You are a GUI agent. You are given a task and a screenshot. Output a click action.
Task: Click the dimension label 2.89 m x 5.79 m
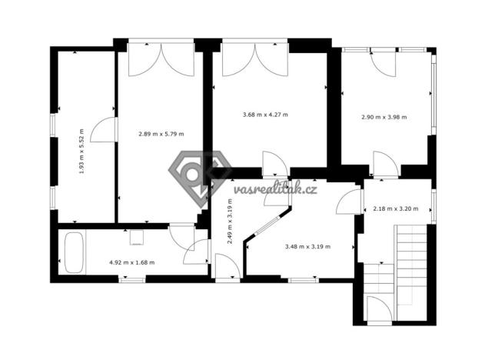pyautogui.click(x=161, y=134)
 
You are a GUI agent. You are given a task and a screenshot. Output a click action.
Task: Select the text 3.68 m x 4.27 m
pyautogui.click(x=264, y=115)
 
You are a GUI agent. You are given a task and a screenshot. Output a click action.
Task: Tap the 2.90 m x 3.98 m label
pyautogui.click(x=384, y=117)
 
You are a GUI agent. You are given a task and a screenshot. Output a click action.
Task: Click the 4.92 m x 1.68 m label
pyautogui.click(x=131, y=262)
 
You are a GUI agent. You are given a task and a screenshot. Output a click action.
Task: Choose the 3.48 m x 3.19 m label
pyautogui.click(x=307, y=246)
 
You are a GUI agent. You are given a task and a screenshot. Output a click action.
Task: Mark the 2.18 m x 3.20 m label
pyautogui.click(x=395, y=208)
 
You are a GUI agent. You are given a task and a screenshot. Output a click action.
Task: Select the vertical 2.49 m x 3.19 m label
pyautogui.click(x=230, y=222)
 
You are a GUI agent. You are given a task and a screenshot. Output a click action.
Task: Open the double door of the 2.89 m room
pyautogui.click(x=161, y=60)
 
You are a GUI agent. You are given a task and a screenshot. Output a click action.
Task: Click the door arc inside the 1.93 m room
pyautogui.click(x=103, y=131)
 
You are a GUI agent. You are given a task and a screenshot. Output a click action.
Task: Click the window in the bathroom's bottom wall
pyautogui.click(x=131, y=280)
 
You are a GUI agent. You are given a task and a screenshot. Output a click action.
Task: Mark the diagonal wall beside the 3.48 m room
pyautogui.click(x=261, y=229)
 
